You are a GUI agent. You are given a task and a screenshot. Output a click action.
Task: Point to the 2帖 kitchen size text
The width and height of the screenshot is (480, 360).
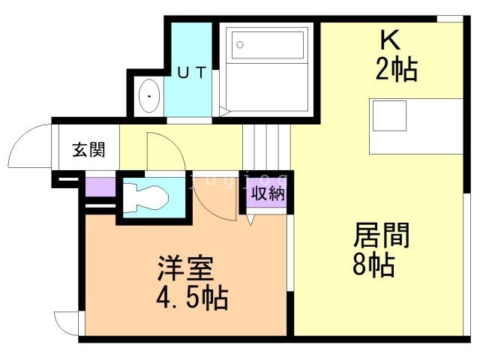[395, 69]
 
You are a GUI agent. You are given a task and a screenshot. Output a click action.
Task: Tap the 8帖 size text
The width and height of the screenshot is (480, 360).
[373, 265]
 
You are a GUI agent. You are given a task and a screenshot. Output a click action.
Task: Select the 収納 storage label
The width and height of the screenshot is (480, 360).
[267, 193]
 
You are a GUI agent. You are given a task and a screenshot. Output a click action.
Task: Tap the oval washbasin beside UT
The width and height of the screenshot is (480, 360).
[150, 97]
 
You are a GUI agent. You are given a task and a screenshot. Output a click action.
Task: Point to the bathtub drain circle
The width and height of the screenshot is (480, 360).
[240, 44]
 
